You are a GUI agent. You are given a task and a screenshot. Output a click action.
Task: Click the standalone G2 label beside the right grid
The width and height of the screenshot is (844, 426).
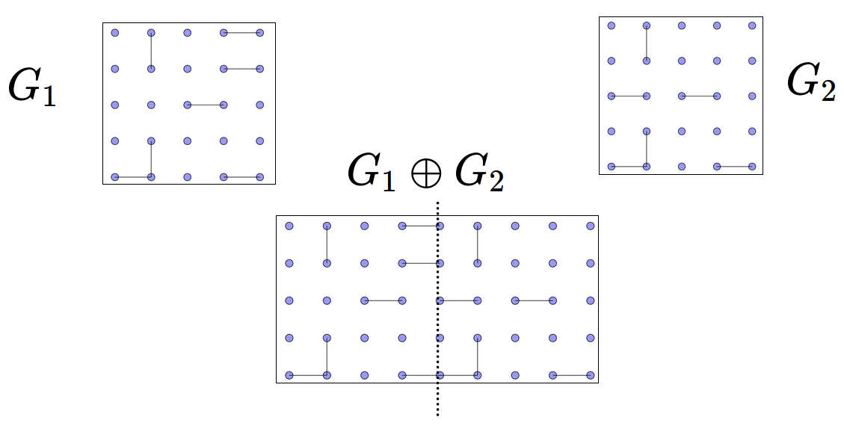811,81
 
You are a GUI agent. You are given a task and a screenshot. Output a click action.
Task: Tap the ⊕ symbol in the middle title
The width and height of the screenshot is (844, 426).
425,173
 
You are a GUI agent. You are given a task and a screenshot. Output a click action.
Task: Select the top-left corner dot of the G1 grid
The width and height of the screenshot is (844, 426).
114,33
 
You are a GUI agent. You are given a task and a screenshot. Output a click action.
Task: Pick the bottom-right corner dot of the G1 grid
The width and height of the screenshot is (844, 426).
260,177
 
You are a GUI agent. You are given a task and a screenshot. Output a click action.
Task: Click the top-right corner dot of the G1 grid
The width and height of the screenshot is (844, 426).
260,33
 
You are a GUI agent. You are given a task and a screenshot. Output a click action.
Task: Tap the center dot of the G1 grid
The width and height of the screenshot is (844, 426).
188,105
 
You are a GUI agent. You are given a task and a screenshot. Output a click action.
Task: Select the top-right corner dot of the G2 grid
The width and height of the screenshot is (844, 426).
752,26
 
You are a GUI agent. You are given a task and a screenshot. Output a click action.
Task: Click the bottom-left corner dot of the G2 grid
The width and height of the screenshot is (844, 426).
612,166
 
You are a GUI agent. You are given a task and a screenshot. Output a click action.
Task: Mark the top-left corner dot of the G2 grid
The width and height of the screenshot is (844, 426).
612,26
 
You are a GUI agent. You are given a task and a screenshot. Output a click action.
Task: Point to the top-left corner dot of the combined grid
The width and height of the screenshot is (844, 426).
289,226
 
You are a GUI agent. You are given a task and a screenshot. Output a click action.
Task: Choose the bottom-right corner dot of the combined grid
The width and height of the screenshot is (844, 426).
591,374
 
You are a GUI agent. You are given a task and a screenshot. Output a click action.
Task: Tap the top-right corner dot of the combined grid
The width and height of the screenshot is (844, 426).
591,226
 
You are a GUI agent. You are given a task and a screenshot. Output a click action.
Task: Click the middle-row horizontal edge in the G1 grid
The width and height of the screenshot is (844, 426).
206,105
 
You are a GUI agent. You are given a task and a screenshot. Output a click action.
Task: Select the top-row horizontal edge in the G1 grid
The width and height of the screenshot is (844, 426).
241,33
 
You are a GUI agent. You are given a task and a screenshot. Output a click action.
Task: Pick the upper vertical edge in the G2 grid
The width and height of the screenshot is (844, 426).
647,43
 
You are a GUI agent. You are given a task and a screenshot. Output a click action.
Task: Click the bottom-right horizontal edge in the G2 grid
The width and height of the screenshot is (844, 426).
734,166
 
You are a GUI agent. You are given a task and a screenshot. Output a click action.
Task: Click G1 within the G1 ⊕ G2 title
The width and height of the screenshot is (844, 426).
372,173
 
